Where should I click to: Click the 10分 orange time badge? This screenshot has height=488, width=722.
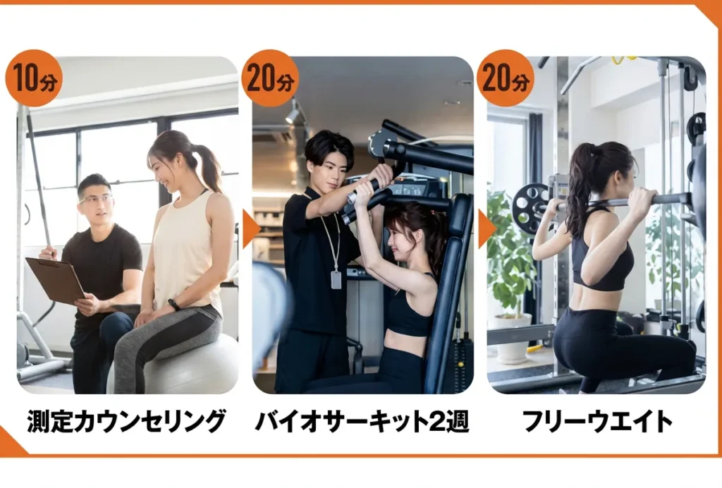[x=34, y=78]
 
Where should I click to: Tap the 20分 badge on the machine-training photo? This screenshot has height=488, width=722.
[x=270, y=78]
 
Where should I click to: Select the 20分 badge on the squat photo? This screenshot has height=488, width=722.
[x=506, y=78]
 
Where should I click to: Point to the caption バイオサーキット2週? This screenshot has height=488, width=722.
[x=362, y=421]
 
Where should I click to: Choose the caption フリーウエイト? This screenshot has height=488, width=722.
[x=597, y=421]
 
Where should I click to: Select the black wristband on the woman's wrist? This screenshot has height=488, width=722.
[x=173, y=305]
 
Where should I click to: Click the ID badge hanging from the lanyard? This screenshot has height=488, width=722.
[x=336, y=279]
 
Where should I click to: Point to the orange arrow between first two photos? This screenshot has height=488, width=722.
[x=251, y=228]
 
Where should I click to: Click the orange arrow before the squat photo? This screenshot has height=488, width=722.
[x=487, y=228]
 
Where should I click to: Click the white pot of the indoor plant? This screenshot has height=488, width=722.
[x=513, y=338]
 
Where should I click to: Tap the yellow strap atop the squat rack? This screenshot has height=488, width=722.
[x=625, y=59]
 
